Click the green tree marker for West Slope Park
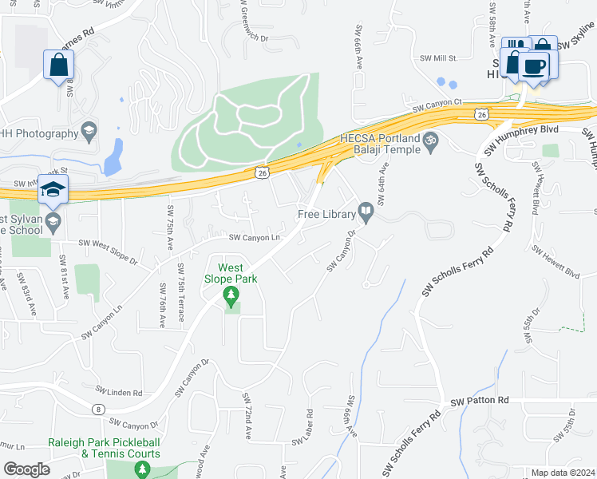[x=231, y=299]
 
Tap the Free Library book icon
[x=366, y=212]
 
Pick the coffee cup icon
[x=534, y=65]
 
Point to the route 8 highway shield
[x=98, y=409]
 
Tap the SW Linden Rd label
[x=118, y=392]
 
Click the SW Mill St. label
[x=437, y=57]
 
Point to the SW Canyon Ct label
[x=437, y=103]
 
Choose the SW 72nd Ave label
[x=247, y=415]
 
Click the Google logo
[x=26, y=469]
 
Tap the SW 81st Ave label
[x=62, y=275]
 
